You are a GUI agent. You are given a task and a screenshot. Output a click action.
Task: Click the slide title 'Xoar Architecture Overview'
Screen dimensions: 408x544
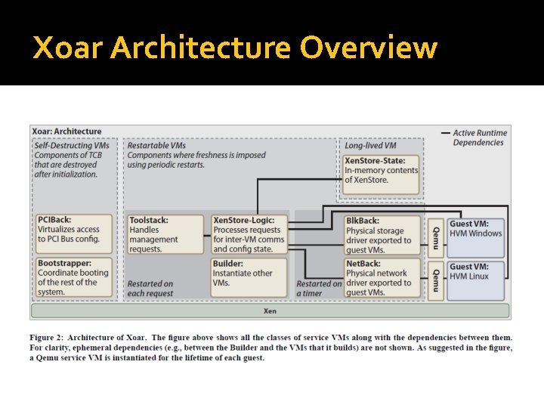[235, 48]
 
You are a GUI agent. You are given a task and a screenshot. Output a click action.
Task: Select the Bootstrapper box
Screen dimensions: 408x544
[73, 277]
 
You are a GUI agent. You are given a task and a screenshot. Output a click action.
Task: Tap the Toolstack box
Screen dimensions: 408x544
[165, 234]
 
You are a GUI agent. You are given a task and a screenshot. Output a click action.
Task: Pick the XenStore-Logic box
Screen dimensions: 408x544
[249, 234]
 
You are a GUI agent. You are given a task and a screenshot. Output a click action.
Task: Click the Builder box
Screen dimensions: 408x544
[249, 277]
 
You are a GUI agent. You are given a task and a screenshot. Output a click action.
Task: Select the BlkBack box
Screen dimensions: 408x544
[382, 234]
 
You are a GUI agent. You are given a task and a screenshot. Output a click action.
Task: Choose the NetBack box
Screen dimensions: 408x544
[382, 277]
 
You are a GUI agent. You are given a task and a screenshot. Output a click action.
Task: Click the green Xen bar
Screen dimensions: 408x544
[270, 311]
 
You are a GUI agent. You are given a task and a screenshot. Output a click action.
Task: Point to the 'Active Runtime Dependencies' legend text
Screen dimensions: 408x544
[479, 138]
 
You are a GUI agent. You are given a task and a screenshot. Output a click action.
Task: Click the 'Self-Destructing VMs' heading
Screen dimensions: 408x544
[72, 144]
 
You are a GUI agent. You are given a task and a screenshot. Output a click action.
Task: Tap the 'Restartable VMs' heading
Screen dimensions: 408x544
[156, 144]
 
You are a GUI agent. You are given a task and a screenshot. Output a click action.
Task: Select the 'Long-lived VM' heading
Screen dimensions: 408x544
[369, 144]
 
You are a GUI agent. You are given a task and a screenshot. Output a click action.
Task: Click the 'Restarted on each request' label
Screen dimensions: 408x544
[151, 289]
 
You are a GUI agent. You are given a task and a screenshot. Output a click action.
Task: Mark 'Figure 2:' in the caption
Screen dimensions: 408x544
[50, 337]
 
